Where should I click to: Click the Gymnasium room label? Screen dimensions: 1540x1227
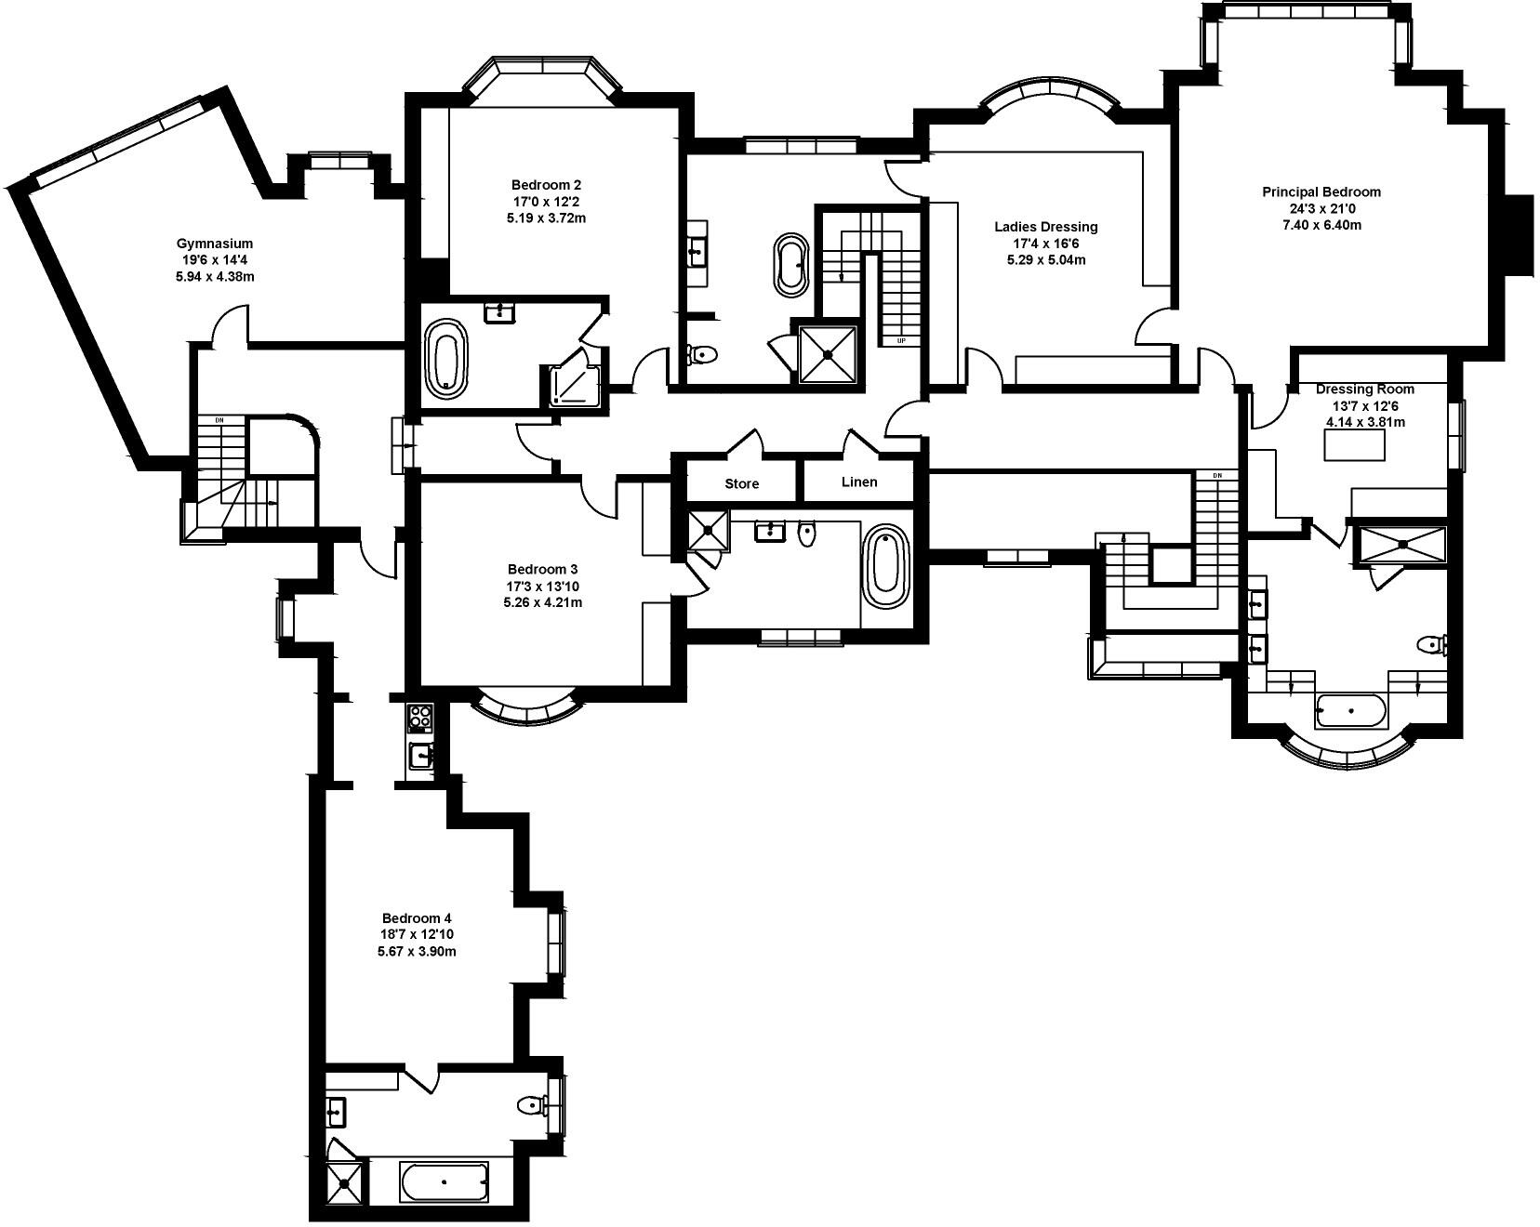[x=215, y=244]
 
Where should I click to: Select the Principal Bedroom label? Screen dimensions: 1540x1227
[x=1321, y=192]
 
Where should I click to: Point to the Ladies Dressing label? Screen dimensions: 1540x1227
[x=1046, y=227]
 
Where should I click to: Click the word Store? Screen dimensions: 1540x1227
[x=741, y=484]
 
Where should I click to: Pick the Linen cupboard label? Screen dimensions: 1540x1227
[x=858, y=482]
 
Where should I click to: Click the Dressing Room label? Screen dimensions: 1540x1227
[x=1364, y=389]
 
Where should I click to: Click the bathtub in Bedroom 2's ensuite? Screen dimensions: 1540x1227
[x=448, y=359]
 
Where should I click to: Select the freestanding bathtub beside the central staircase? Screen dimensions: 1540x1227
[x=792, y=264]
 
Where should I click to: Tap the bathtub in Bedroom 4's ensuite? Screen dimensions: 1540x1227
[x=444, y=1181]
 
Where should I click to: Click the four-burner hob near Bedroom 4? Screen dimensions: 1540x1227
[x=420, y=718]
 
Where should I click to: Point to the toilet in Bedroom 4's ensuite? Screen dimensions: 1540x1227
[x=534, y=1105]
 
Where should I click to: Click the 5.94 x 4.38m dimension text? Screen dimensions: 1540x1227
[x=215, y=277]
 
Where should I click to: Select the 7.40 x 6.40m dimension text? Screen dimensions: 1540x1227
[x=1321, y=225]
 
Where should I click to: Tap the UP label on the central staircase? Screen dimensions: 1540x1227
[x=901, y=340]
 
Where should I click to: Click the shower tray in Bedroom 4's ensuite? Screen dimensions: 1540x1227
[x=346, y=1183]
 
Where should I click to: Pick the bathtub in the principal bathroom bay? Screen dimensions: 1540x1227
[x=1350, y=711]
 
